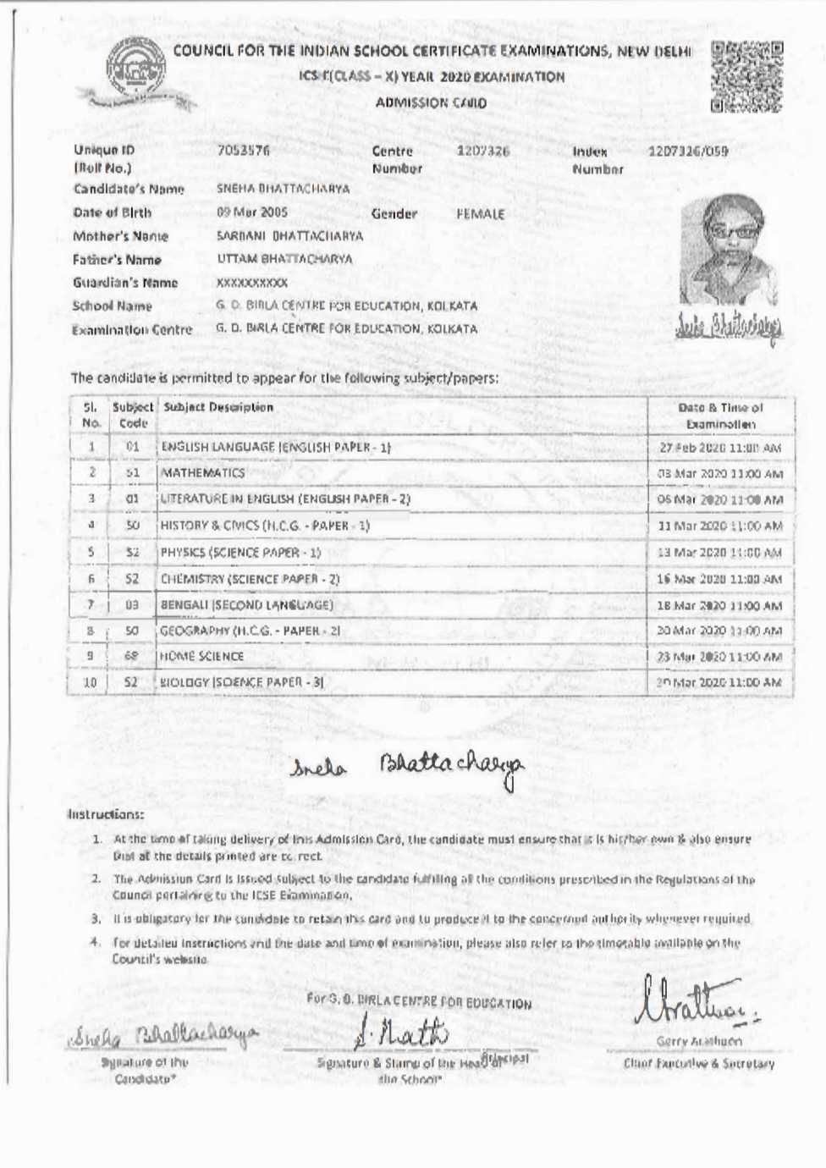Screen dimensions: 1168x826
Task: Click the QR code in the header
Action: (746, 77)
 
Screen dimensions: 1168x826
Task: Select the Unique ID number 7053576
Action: (243, 151)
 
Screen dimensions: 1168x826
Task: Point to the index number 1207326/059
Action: (687, 152)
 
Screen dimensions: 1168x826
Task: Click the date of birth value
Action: (252, 212)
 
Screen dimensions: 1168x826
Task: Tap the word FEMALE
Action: (480, 214)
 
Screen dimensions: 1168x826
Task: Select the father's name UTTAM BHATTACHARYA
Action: (284, 259)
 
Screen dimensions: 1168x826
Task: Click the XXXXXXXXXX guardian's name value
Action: (252, 283)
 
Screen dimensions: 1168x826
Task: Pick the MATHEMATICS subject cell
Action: (203, 472)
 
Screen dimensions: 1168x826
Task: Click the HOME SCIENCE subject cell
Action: (202, 656)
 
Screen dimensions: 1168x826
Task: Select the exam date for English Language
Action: (719, 448)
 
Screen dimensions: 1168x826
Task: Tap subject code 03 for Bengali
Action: (132, 605)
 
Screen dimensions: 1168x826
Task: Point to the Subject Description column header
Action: (218, 407)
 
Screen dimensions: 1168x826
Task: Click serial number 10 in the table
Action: (90, 682)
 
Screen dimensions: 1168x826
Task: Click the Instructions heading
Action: (106, 814)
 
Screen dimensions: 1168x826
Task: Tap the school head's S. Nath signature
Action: (403, 1033)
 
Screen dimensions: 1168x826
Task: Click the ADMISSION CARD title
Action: (431, 103)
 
